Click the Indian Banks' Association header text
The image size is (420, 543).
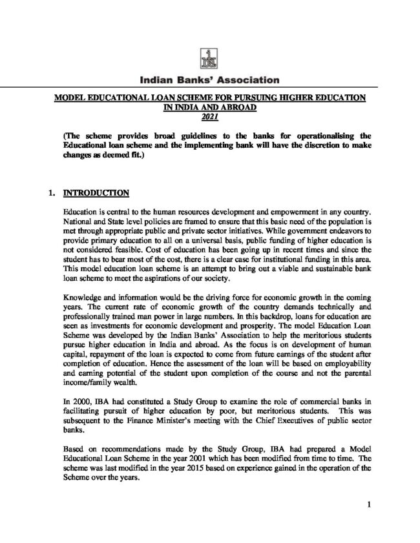click(x=209, y=81)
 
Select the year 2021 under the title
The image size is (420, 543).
click(x=209, y=117)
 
